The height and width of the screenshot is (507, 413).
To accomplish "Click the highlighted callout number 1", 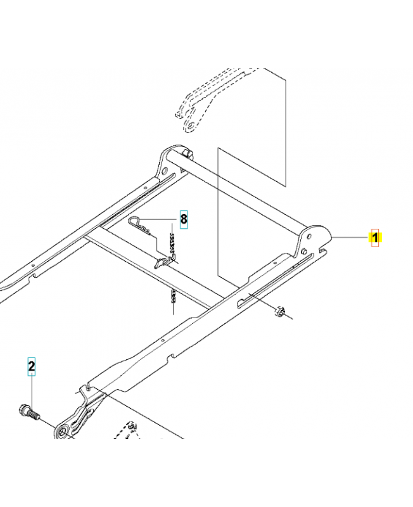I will [375, 238].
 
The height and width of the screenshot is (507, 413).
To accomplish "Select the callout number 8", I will [184, 219].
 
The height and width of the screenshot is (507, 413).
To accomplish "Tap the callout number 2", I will [31, 366].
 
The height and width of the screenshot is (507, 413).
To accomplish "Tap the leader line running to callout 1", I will [352, 238].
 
